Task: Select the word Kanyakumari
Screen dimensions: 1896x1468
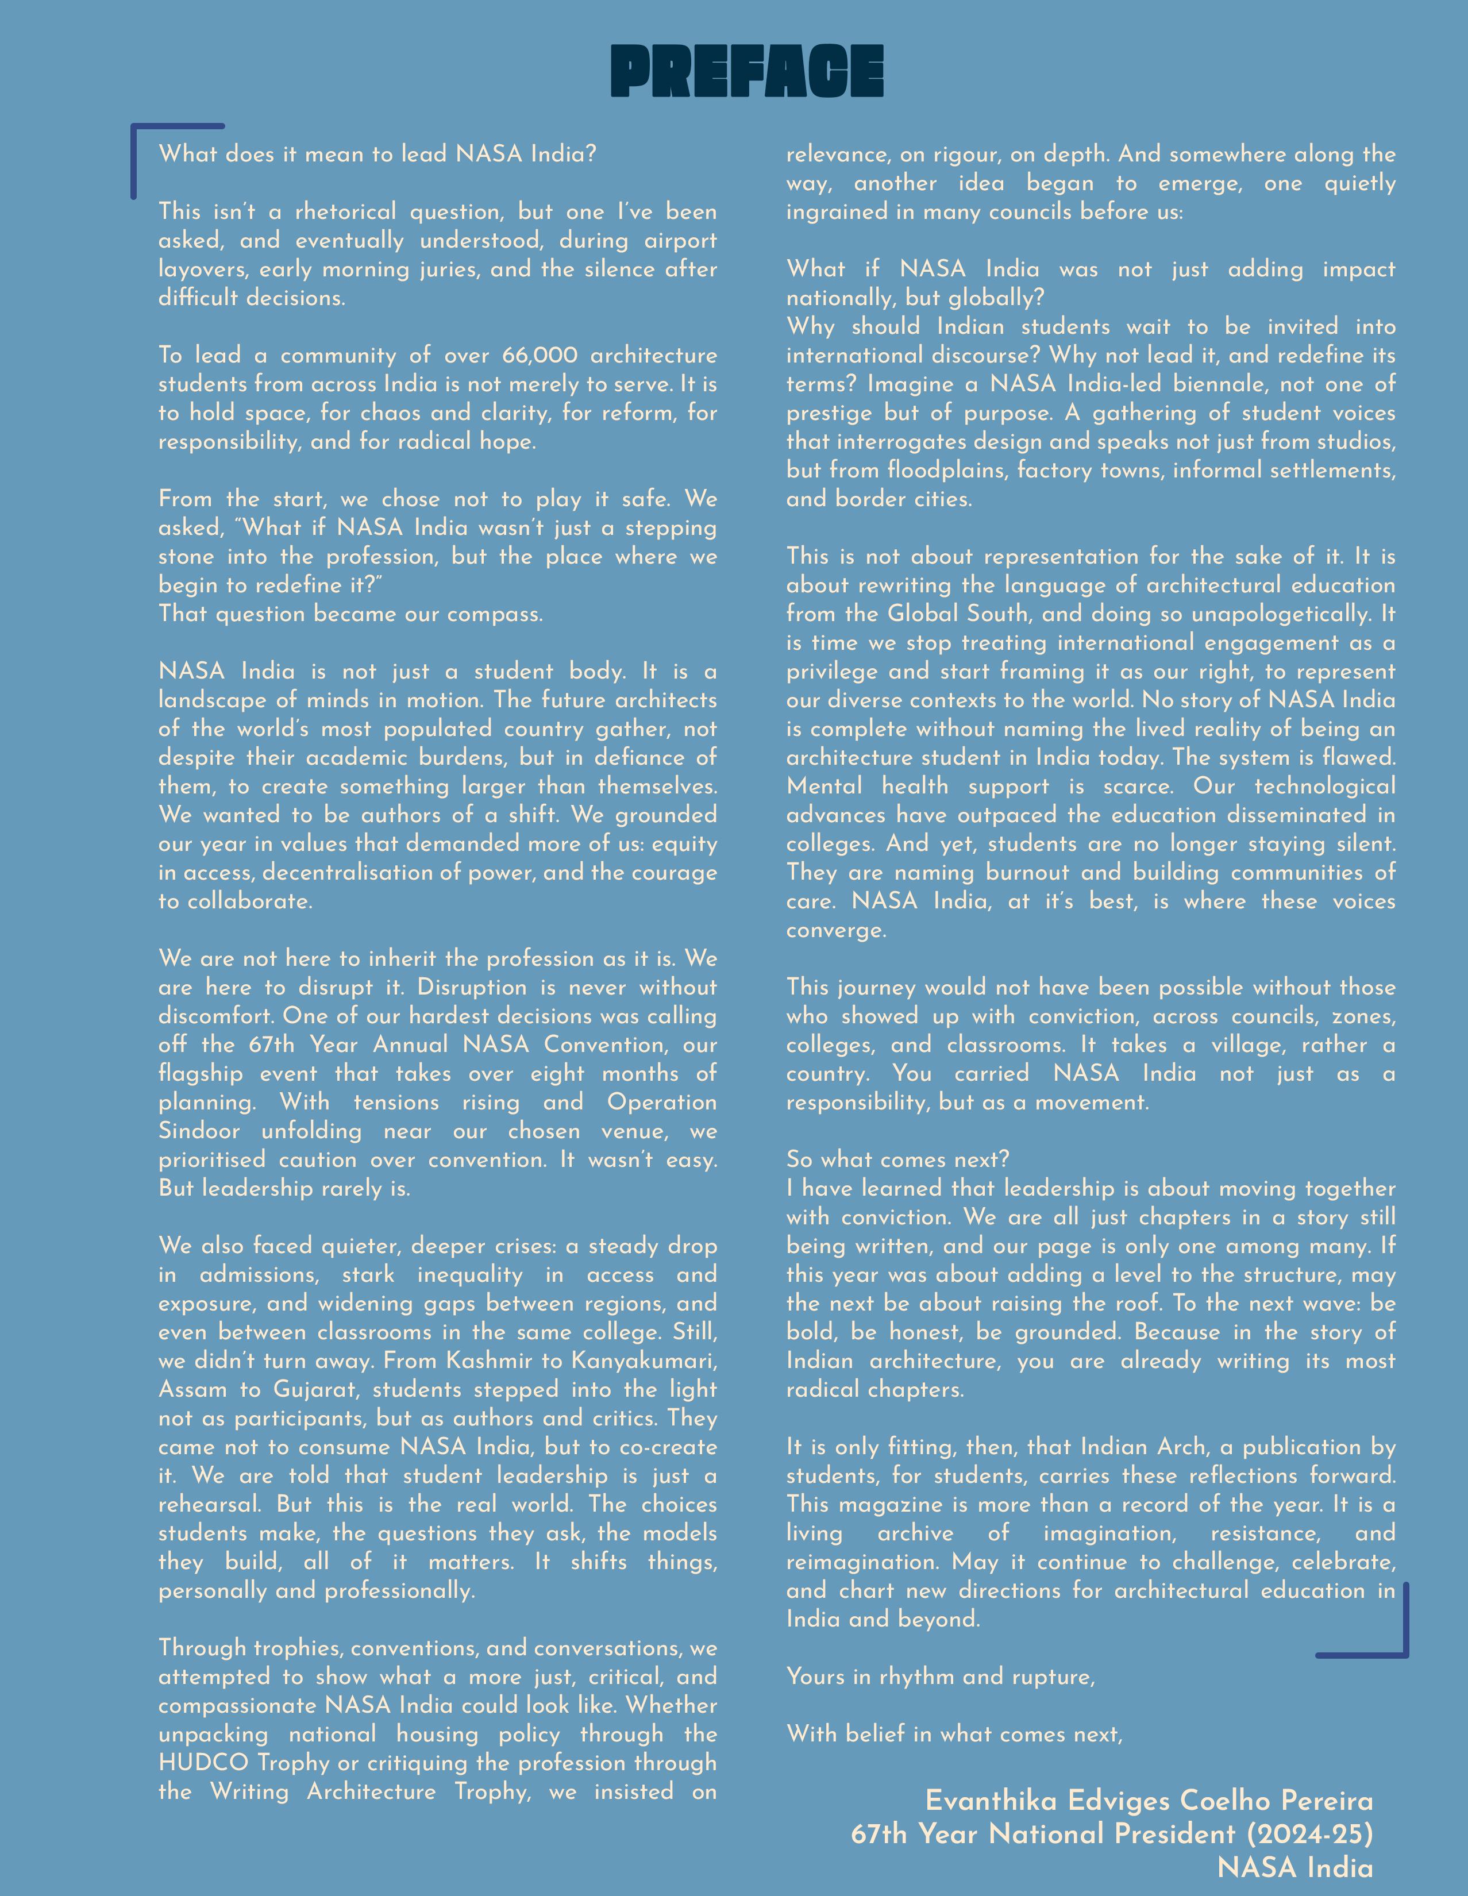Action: (644, 1361)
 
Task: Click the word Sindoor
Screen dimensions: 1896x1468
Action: (199, 1131)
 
